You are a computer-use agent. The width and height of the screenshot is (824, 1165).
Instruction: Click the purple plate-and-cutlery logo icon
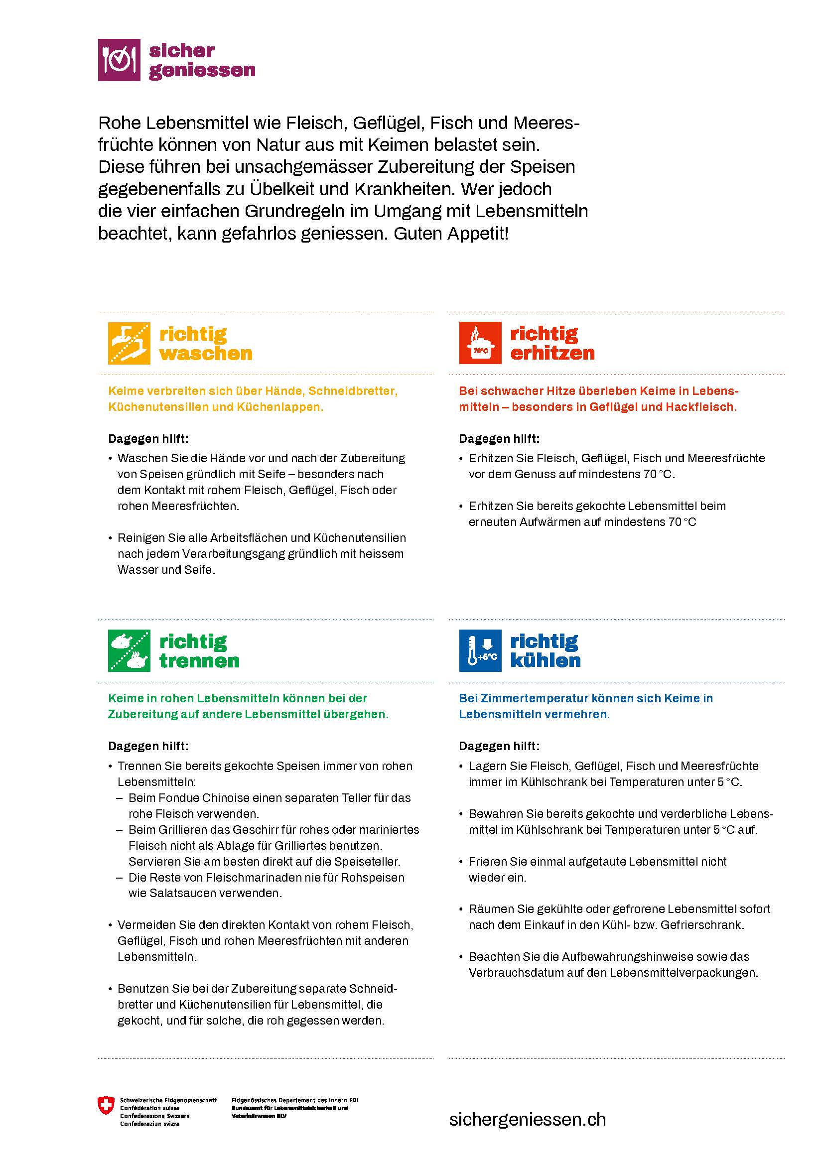[x=119, y=60]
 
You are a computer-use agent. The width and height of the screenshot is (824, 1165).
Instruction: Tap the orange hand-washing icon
[x=129, y=343]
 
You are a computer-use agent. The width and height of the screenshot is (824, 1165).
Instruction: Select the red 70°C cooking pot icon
[x=480, y=343]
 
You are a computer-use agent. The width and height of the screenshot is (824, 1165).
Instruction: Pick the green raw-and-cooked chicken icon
[x=129, y=650]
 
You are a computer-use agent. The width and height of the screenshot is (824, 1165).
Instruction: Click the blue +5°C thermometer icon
[x=480, y=650]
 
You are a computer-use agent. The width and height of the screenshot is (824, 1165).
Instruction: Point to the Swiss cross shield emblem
[x=106, y=1106]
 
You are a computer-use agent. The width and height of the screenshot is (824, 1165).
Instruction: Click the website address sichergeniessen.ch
[x=527, y=1119]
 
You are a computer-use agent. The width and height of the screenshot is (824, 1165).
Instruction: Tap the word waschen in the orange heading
[x=205, y=353]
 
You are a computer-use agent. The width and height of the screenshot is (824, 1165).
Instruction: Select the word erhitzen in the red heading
[x=552, y=353]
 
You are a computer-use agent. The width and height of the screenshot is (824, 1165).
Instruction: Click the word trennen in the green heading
[x=199, y=660]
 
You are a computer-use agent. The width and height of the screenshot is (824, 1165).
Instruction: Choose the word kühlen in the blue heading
[x=545, y=660]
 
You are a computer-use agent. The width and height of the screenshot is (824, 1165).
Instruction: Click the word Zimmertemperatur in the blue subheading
[x=544, y=698]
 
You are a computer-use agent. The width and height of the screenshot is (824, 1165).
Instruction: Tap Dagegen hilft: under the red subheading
[x=499, y=438]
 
